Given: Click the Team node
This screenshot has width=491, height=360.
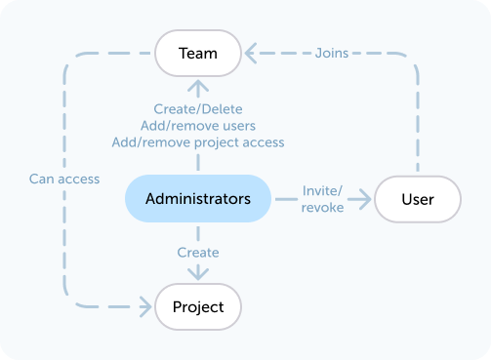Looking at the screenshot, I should [x=198, y=53].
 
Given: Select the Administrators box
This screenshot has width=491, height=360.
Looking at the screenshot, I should [x=198, y=199].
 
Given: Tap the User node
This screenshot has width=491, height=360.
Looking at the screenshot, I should [x=418, y=199].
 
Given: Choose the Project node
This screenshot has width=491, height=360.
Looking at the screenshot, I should [x=198, y=307].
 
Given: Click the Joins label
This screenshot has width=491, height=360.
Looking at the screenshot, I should [x=332, y=53].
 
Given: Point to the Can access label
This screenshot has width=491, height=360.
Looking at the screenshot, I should [x=64, y=179].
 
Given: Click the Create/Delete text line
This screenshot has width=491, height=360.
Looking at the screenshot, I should [x=198, y=109].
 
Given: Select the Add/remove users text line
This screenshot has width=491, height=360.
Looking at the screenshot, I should [x=198, y=126].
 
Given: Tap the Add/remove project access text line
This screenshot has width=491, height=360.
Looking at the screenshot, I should [x=198, y=142].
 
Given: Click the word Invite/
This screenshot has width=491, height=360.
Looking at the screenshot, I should [x=323, y=190].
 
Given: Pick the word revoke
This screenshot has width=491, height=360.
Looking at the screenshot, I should [x=322, y=207].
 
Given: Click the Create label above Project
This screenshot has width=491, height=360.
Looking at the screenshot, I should [x=198, y=253].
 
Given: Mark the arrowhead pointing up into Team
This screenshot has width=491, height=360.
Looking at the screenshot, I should [x=198, y=87].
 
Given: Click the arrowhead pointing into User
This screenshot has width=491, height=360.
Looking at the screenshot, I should [x=365, y=199].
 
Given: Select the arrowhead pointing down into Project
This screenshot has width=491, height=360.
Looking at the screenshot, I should [x=198, y=276].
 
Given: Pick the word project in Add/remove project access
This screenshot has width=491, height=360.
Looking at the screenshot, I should [x=214, y=142].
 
